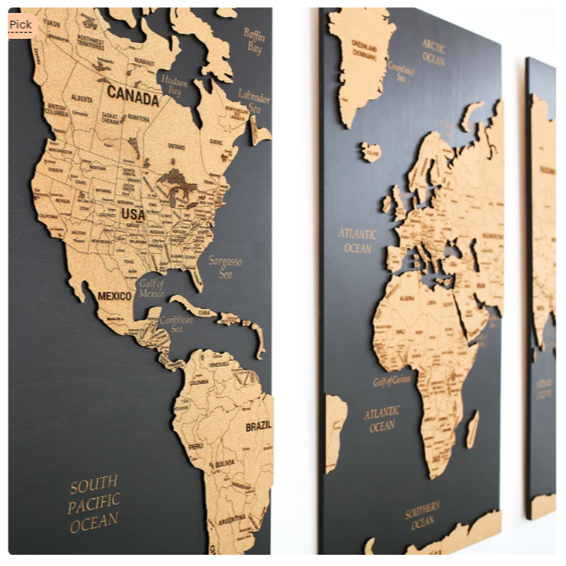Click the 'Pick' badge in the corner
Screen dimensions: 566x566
pos(20,25)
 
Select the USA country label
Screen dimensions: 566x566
pos(133,214)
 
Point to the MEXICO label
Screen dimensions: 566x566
pos(114,296)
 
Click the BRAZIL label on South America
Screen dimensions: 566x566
pos(258,426)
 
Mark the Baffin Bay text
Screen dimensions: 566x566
pos(253,41)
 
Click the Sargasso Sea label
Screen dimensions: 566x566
pos(224,267)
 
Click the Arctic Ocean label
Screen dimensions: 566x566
pos(433,51)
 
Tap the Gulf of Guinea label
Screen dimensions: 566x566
pos(391,380)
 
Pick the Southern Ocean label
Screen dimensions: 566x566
pos(422,515)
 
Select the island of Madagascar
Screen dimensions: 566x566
pos(472,429)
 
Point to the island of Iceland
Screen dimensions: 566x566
pos(371,152)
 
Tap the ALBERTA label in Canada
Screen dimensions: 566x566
pos(82,98)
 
